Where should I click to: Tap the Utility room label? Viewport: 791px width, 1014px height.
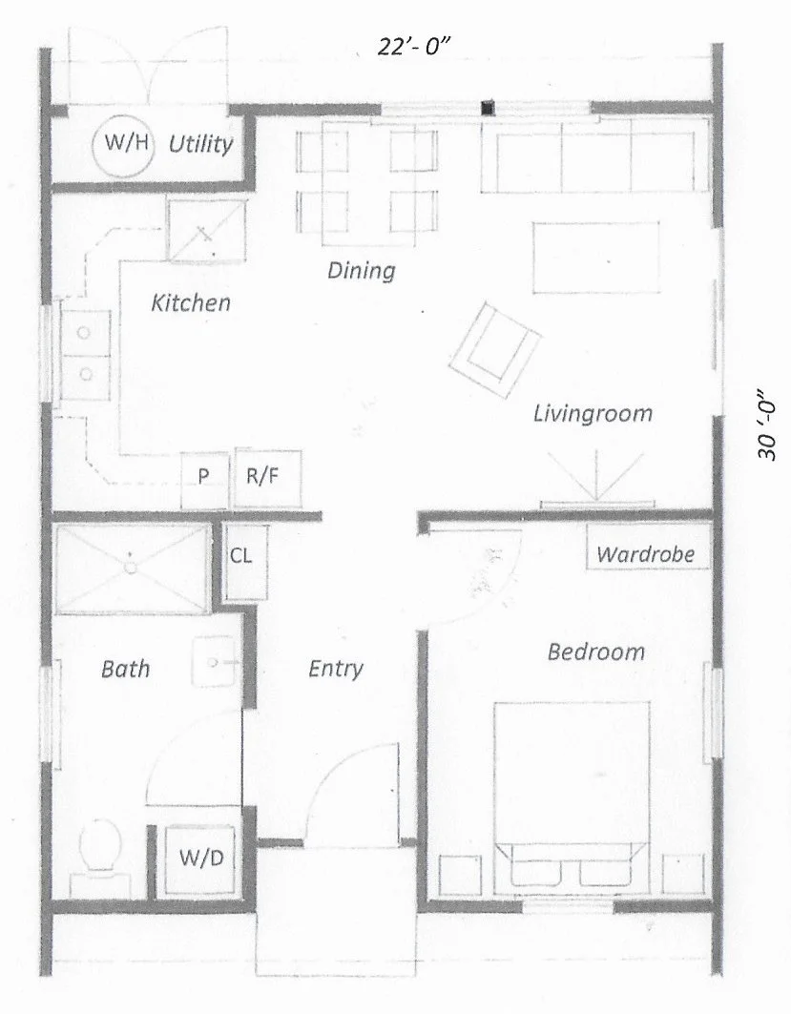[x=200, y=145]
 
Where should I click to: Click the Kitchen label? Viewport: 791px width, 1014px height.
[x=191, y=303]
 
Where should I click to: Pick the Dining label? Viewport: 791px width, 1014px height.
[x=361, y=271]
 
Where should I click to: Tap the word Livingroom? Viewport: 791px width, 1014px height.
[x=593, y=414]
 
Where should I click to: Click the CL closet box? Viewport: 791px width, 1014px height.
[x=241, y=556]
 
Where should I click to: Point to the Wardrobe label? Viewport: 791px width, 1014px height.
[x=646, y=554]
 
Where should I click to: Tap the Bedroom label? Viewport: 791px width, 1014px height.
[x=595, y=652]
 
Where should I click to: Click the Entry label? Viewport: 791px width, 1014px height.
[x=336, y=669]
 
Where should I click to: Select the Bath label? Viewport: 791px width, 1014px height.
[x=125, y=669]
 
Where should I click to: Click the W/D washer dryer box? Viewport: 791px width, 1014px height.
[x=201, y=858]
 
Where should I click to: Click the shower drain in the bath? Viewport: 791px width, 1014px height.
[x=131, y=567]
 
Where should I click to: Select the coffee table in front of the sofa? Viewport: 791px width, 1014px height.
[x=596, y=258]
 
